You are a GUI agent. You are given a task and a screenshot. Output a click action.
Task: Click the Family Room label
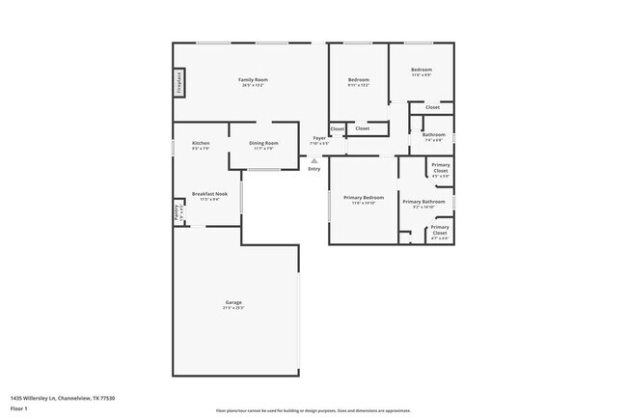(x=253, y=79)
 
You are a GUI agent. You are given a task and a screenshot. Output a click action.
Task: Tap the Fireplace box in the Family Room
(x=179, y=83)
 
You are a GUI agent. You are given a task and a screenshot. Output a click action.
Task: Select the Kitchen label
(x=201, y=143)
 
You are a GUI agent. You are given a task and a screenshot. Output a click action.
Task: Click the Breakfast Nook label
(x=209, y=194)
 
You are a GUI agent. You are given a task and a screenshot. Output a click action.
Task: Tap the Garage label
(x=233, y=302)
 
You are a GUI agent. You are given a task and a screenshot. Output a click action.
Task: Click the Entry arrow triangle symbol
(x=313, y=160)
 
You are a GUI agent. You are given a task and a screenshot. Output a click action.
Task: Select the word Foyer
(x=318, y=138)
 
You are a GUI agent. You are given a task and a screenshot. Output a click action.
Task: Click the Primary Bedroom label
(x=363, y=198)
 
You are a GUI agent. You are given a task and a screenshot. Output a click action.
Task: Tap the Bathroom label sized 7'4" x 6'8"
(x=434, y=135)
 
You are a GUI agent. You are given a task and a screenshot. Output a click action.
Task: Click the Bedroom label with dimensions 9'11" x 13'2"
(x=358, y=79)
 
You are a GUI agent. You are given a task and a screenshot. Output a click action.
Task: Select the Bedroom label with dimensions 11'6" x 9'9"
(x=422, y=70)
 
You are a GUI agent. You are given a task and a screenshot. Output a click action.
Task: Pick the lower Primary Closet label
(x=439, y=229)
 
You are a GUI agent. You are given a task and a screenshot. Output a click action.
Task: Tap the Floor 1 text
(x=18, y=407)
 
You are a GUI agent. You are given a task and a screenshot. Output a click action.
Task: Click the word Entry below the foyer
(x=313, y=170)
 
